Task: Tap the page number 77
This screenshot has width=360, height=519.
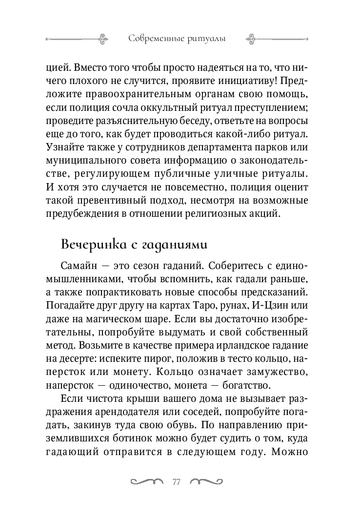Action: (177, 482)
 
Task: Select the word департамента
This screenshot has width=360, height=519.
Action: (218, 147)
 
